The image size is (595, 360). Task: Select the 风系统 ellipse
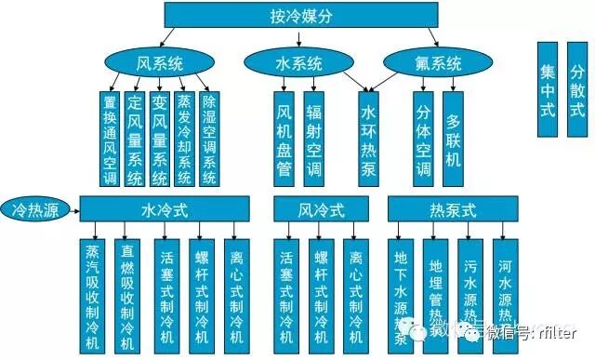[x=156, y=64]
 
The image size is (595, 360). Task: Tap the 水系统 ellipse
[x=298, y=64]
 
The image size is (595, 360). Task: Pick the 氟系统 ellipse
[x=437, y=64]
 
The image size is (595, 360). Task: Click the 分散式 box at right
[x=577, y=89]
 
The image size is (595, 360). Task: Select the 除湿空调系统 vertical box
[x=210, y=139]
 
